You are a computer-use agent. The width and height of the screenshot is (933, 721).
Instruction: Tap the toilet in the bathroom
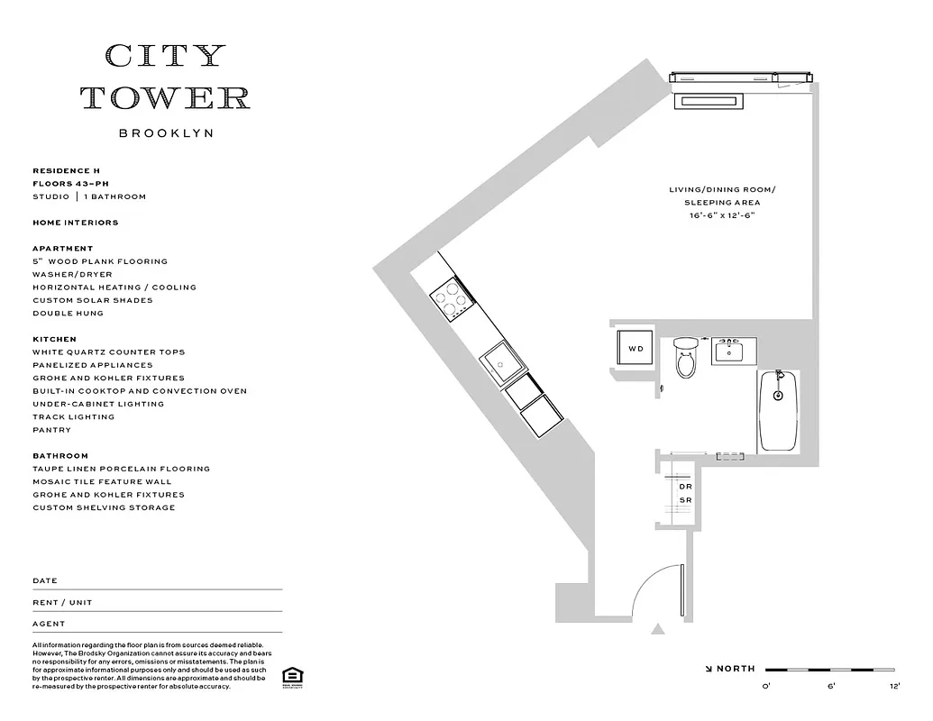point(685,359)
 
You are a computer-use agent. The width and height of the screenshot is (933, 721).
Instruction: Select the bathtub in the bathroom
point(779,411)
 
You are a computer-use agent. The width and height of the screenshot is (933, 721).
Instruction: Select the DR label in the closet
point(685,487)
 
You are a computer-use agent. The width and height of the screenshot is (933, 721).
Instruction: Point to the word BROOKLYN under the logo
point(166,133)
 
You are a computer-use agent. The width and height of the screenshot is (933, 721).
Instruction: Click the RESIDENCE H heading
point(61,170)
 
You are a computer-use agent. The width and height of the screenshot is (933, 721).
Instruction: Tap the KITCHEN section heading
point(54,340)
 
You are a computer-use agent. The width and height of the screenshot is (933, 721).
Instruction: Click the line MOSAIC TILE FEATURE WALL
point(102,482)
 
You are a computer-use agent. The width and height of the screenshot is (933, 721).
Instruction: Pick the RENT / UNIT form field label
point(62,602)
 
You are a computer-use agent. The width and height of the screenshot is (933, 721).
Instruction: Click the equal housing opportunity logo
point(291,677)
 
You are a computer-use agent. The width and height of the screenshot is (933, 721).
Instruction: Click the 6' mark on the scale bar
point(830,687)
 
